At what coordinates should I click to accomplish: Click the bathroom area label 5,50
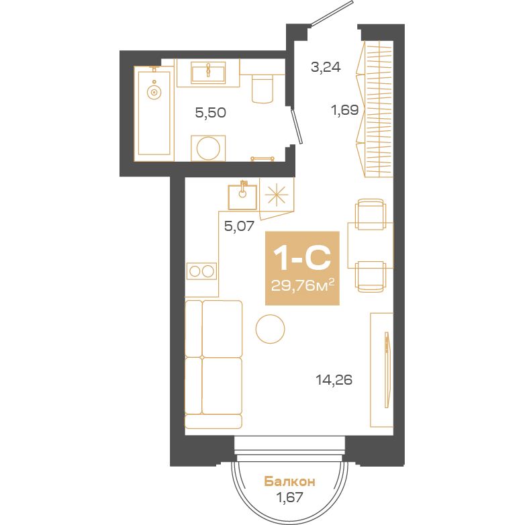[x=211, y=113]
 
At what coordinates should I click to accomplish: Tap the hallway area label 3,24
[x=326, y=67]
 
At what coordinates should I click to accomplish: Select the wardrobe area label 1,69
[x=345, y=110]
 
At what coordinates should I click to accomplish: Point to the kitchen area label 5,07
[x=240, y=227]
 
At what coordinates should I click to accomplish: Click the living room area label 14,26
[x=334, y=380]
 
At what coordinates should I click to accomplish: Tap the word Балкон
[x=289, y=482]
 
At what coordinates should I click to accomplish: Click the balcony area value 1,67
[x=289, y=497]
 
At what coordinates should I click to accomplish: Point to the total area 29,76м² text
[x=303, y=285]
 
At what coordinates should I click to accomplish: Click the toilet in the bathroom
[x=262, y=88]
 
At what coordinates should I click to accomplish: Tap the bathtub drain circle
[x=154, y=92]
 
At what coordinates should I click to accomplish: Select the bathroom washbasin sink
[x=208, y=74]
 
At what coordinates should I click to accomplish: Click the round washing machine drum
[x=208, y=148]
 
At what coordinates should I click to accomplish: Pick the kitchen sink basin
[x=242, y=197]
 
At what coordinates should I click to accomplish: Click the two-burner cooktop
[x=201, y=271]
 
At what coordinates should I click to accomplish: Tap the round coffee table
[x=270, y=329]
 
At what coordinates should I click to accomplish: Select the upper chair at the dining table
[x=370, y=214]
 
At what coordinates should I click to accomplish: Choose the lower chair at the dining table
[x=370, y=277]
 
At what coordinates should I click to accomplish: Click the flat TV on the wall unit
[x=387, y=370]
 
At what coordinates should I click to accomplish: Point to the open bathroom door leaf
[x=297, y=126]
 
